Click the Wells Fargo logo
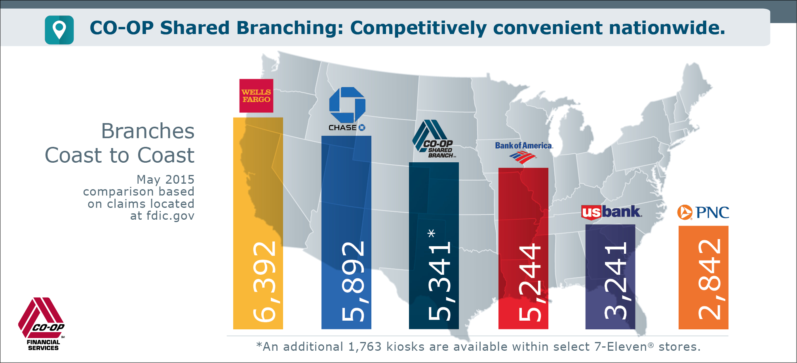point(256,96)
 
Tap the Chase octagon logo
point(347,105)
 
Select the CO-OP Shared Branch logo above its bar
point(434,139)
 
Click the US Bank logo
point(611,212)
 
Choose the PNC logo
point(703,213)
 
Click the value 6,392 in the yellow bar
point(264,281)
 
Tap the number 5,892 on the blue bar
point(353,281)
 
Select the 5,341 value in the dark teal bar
point(440,281)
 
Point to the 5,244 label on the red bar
point(530,282)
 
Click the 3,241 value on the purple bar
point(616,281)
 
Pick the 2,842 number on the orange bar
point(710,279)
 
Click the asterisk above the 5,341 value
point(432,233)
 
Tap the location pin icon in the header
point(59,30)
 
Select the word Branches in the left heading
point(148,131)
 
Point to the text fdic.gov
point(170,216)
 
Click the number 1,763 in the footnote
point(365,347)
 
